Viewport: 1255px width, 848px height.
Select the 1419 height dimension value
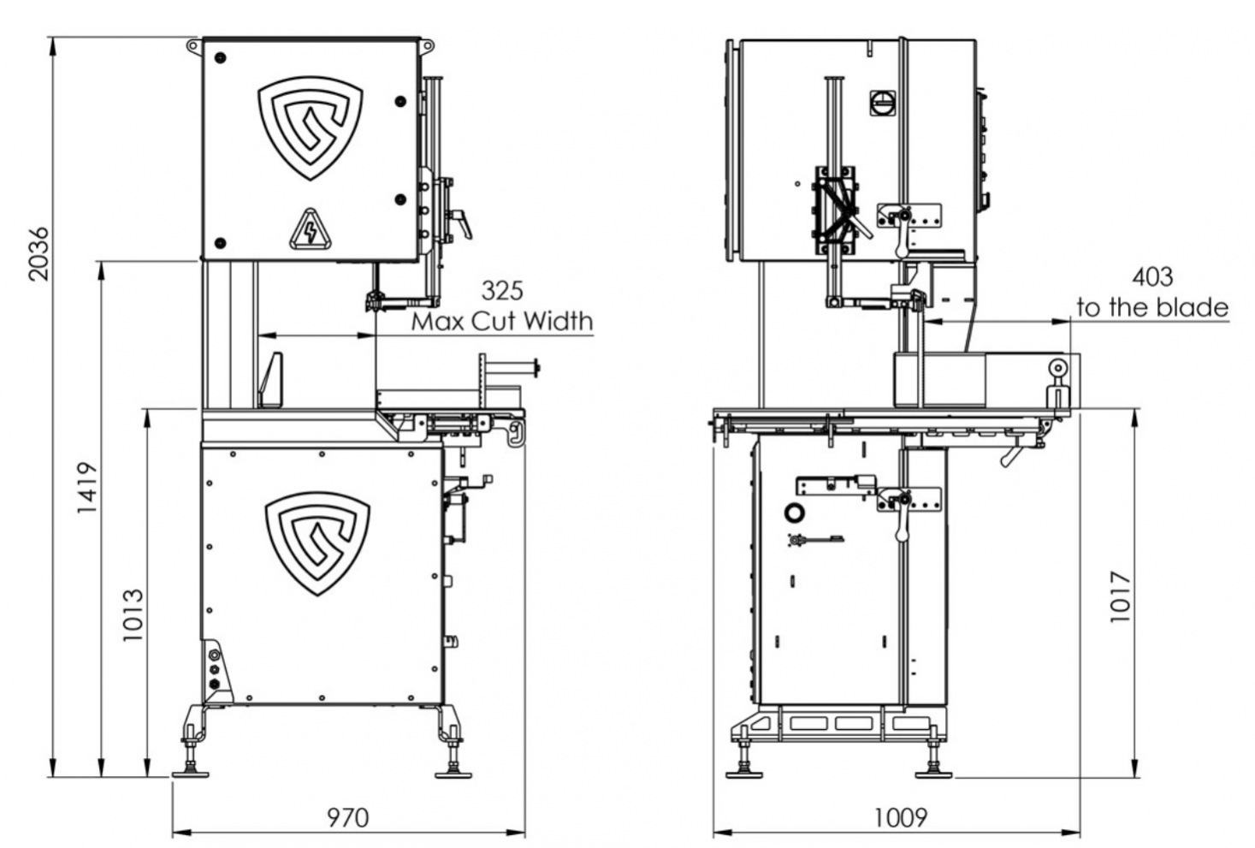click(88, 488)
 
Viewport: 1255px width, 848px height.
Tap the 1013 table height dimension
click(133, 614)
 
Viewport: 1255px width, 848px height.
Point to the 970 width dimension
click(348, 818)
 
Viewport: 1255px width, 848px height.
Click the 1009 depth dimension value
click(900, 818)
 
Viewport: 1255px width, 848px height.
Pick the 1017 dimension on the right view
click(1120, 596)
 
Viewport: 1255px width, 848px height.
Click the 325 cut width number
click(502, 291)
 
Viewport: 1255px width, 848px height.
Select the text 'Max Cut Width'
click(502, 322)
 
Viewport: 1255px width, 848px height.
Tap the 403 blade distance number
click(1152, 277)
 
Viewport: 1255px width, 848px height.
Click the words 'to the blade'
click(1152, 307)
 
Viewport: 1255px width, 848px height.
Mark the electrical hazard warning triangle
click(310, 229)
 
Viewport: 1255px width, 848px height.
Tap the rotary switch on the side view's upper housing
click(881, 103)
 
